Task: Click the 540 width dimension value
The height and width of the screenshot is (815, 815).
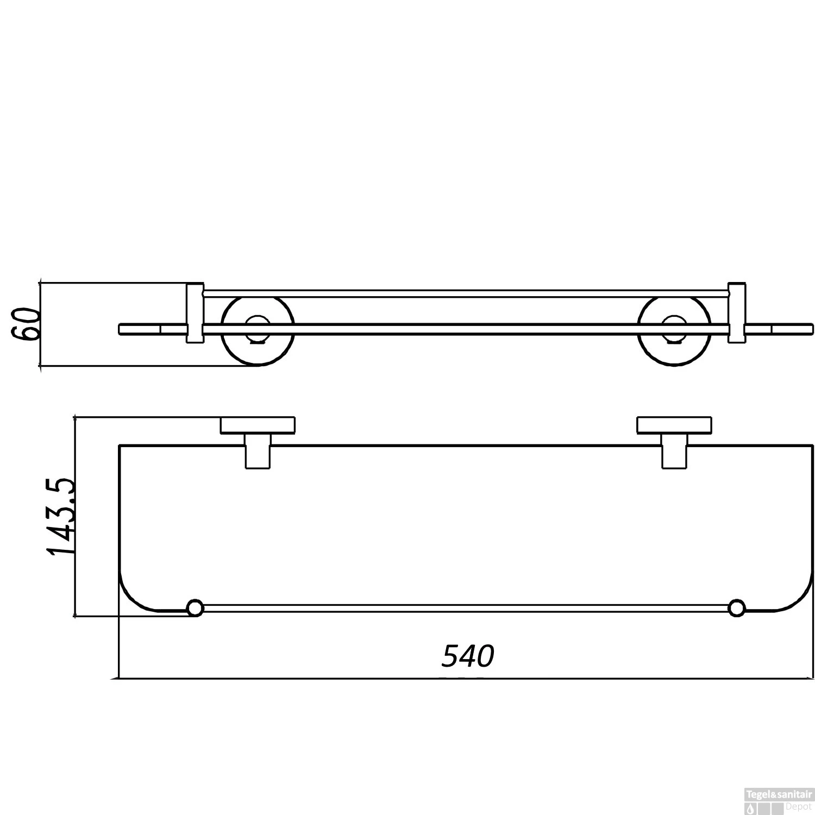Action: click(468, 656)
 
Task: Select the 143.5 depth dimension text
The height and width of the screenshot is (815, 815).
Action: click(61, 516)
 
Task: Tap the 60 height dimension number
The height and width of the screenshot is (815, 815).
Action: click(26, 324)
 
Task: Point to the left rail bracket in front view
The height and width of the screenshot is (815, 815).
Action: click(195, 313)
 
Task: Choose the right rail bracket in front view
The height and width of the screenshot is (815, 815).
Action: click(737, 313)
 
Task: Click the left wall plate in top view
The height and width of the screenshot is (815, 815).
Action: click(258, 425)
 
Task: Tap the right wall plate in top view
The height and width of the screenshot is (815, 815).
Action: click(674, 425)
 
